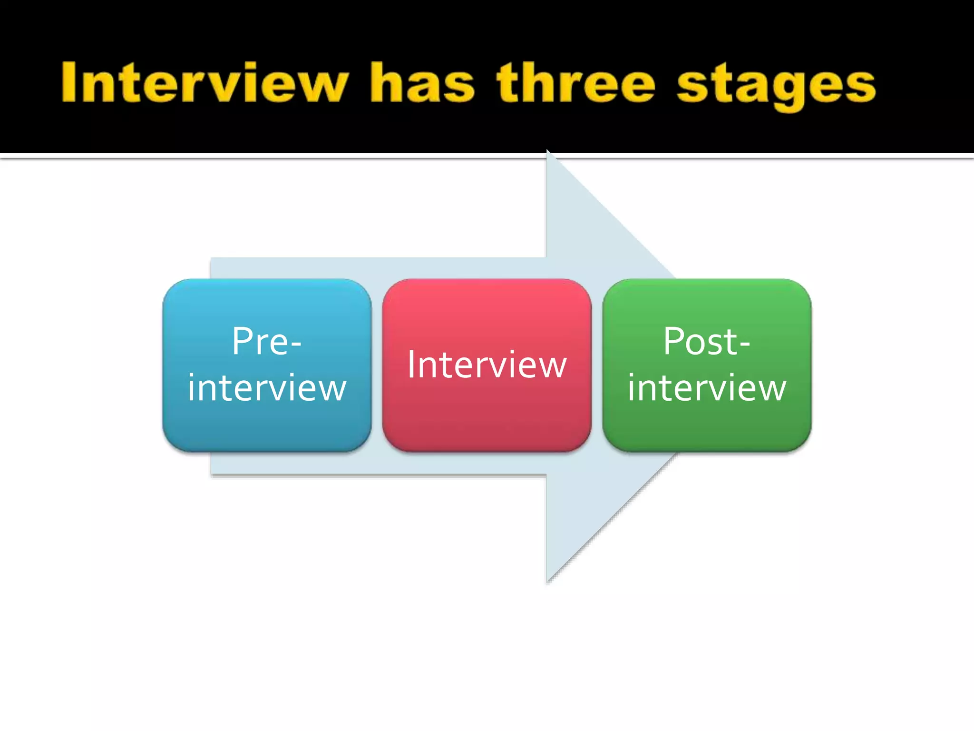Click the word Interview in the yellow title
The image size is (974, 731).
[205, 83]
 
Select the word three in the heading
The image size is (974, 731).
[576, 83]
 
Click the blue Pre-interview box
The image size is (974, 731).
[267, 428]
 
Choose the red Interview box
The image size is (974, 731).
[487, 419]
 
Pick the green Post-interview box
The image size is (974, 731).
[707, 428]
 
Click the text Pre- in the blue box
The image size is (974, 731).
[267, 341]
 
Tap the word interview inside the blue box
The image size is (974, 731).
[267, 388]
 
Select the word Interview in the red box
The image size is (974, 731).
[487, 365]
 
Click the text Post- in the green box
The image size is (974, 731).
[707, 341]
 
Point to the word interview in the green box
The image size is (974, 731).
[707, 388]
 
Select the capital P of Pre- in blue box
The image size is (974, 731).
[243, 341]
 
